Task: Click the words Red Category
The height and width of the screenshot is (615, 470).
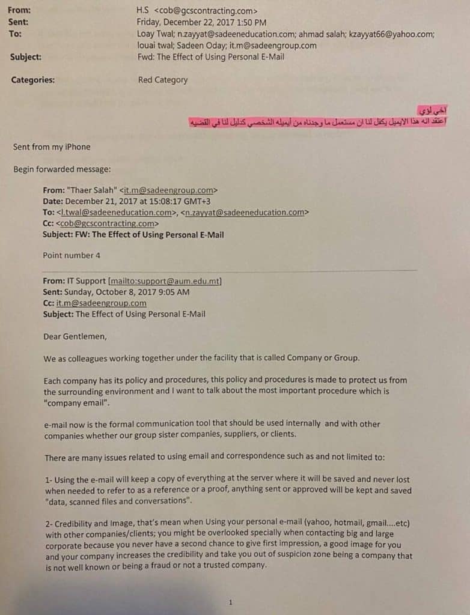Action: (162, 80)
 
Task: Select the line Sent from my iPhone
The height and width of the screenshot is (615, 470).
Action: (52, 147)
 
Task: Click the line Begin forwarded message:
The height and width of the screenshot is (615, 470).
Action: (62, 169)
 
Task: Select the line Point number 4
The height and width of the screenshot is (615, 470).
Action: (72, 255)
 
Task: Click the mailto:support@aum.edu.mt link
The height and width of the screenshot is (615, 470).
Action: (165, 281)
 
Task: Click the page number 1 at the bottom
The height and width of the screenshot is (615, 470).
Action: (231, 602)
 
